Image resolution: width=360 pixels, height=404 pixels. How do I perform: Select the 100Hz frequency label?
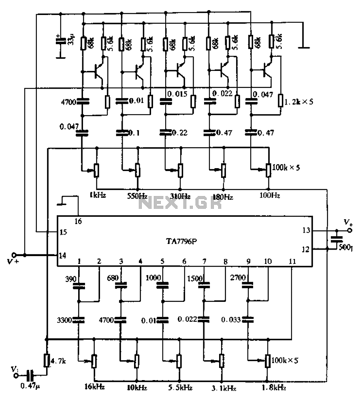pos(269,195)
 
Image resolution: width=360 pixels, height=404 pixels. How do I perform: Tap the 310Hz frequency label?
pos(181,196)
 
